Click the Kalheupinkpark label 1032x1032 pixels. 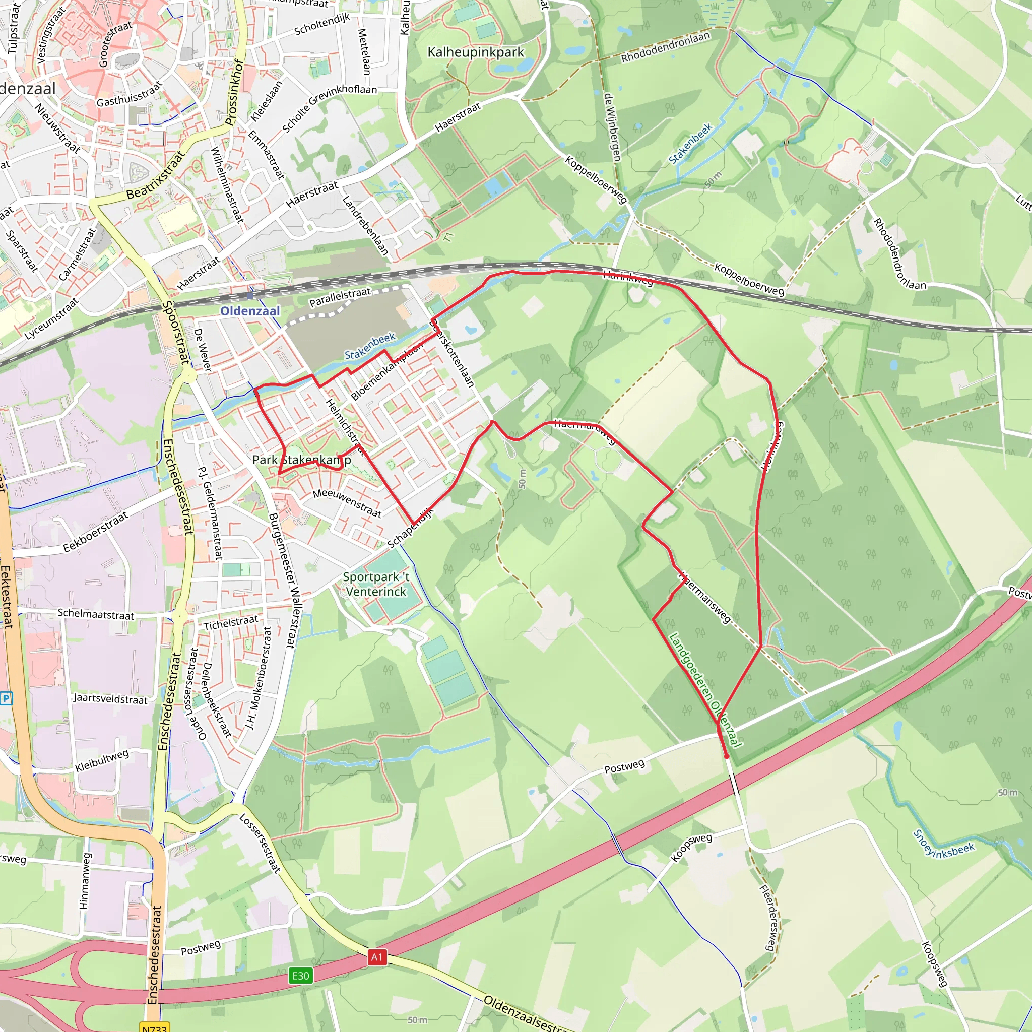475,52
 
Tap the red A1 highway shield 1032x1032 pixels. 376,957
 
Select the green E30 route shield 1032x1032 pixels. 300,976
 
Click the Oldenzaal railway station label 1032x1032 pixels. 250,311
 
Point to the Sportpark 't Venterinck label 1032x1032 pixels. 376,585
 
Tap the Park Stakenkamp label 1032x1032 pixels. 302,460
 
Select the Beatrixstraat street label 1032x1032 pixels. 156,175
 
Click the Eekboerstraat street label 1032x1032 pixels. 96,532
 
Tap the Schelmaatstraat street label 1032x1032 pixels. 96,614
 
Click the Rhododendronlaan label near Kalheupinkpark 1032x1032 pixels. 665,47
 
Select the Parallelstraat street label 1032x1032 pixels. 340,297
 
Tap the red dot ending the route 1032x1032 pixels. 727,756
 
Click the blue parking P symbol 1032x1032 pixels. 6,697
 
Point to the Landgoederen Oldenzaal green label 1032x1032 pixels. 705,691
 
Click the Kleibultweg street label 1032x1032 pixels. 102,760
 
